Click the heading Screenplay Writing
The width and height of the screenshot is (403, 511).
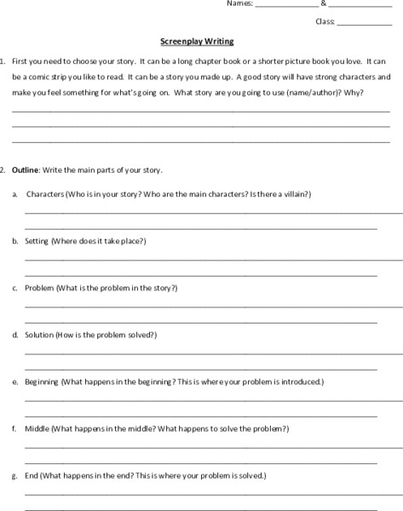pos(197,41)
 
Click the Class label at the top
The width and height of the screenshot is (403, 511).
pos(325,21)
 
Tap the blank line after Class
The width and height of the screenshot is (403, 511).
pos(364,24)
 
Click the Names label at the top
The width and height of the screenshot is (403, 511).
pos(240,3)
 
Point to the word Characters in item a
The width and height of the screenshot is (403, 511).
pos(45,194)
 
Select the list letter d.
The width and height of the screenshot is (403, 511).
pos(15,335)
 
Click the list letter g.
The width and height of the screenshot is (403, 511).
pos(15,475)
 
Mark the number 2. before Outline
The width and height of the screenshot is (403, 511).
pos(3,170)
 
